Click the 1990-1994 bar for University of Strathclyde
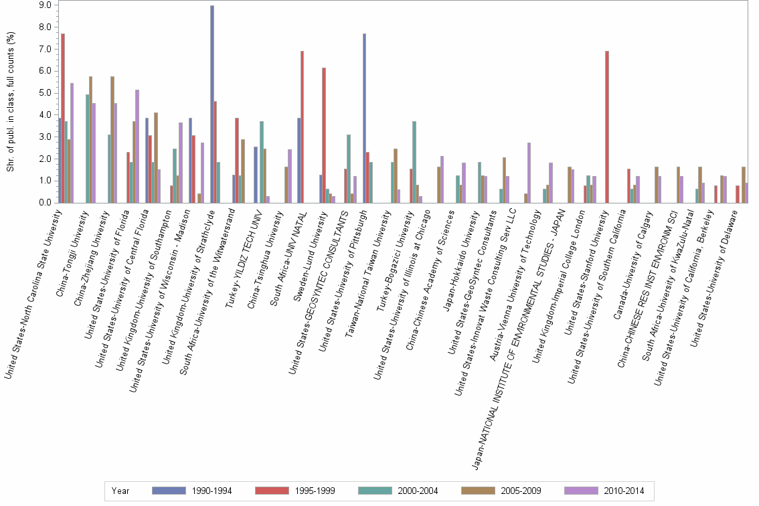(212, 104)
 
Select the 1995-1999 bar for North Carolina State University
(63, 118)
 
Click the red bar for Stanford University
(606, 126)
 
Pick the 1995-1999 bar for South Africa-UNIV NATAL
(303, 126)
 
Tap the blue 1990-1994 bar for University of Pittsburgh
(364, 118)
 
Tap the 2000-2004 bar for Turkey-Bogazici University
(414, 161)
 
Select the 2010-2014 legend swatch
(582, 491)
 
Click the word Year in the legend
(121, 491)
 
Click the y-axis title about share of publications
(11, 100)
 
